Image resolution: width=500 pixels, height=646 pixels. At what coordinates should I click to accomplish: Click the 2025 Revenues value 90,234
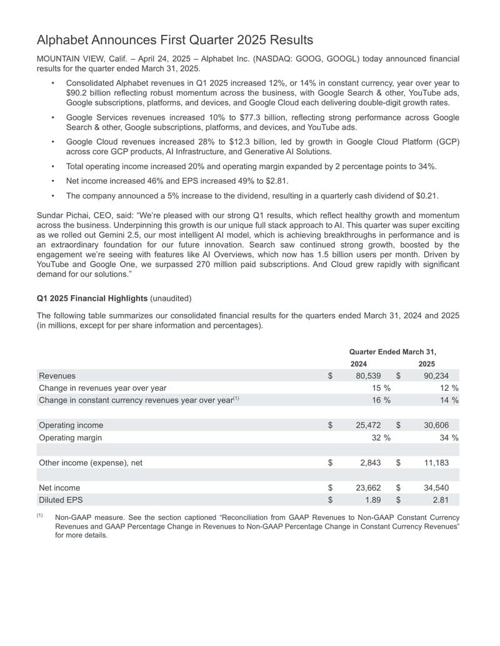(x=436, y=376)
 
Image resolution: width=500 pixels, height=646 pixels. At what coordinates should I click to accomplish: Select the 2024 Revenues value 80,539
(x=368, y=376)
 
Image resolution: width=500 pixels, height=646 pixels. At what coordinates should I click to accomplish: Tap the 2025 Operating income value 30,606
(x=436, y=425)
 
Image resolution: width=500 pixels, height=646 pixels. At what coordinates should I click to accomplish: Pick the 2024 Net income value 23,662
(x=368, y=487)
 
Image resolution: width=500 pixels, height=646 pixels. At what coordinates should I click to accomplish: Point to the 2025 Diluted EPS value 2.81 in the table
(x=441, y=500)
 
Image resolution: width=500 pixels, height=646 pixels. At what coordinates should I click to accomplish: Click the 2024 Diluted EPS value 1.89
(x=372, y=500)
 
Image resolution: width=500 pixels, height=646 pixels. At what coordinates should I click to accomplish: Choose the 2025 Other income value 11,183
(x=436, y=462)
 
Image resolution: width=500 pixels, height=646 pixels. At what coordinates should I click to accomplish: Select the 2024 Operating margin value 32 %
(x=381, y=438)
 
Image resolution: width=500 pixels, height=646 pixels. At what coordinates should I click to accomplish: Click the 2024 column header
(x=359, y=364)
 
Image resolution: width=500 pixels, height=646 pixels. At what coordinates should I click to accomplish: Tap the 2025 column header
(x=427, y=364)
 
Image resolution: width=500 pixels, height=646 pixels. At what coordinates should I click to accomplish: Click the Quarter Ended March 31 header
(x=392, y=352)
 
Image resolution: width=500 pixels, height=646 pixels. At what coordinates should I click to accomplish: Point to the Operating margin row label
(x=70, y=438)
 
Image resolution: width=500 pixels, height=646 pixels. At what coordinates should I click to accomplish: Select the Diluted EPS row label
(x=60, y=500)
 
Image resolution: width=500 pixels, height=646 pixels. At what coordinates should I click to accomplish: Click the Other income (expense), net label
(x=91, y=462)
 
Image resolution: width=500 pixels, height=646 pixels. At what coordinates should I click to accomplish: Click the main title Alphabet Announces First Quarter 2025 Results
(x=175, y=40)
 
